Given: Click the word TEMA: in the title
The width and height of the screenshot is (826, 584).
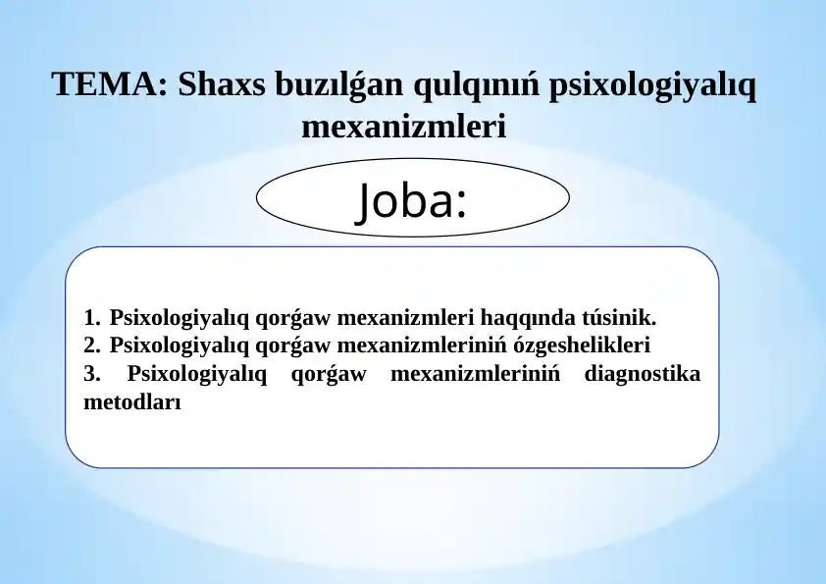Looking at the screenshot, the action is [x=110, y=84].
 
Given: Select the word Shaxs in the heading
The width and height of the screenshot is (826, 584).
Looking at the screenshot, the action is [x=222, y=84].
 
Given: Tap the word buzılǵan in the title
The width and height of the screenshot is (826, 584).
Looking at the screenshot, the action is [x=339, y=85].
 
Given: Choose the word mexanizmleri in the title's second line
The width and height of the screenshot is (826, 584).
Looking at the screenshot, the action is [x=404, y=127].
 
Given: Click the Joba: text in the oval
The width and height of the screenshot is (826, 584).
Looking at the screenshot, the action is [x=411, y=200].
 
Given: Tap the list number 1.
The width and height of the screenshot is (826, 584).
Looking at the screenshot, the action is [x=91, y=318].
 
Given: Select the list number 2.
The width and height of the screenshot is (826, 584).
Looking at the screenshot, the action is [x=91, y=345].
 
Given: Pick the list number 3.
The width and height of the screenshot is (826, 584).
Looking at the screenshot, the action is [x=91, y=374].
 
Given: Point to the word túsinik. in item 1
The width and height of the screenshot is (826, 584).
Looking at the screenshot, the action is [x=620, y=318].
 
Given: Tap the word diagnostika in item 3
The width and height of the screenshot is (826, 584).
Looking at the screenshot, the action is [x=643, y=375].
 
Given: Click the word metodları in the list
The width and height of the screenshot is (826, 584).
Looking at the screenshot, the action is [x=132, y=402].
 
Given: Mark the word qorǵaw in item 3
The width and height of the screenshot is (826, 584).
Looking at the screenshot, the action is [x=329, y=375].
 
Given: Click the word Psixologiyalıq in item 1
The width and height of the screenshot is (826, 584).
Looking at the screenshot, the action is [x=180, y=319].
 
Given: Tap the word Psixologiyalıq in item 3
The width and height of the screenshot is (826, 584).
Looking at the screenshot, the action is [x=197, y=375].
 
